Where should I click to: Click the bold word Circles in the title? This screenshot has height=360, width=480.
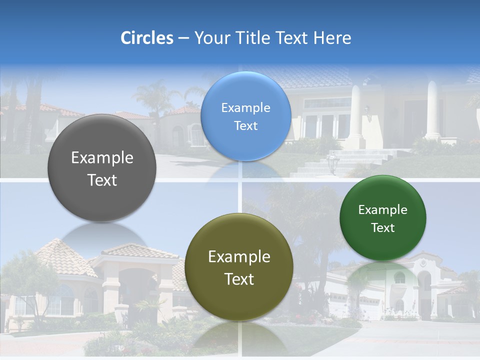point(147,38)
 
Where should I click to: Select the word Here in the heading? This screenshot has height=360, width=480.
point(332,38)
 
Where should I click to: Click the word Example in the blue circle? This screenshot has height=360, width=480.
point(245,108)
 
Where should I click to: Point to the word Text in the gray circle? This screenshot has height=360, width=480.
point(102,180)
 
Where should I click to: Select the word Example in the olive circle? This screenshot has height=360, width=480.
point(239,257)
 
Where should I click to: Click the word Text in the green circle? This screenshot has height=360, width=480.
point(382,228)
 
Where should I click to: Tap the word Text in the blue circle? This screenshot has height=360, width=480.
point(245,126)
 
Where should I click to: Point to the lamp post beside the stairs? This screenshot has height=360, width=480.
point(332,162)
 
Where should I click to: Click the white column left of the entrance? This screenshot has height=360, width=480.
point(356,117)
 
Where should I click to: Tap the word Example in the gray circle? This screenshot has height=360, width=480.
point(102,158)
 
